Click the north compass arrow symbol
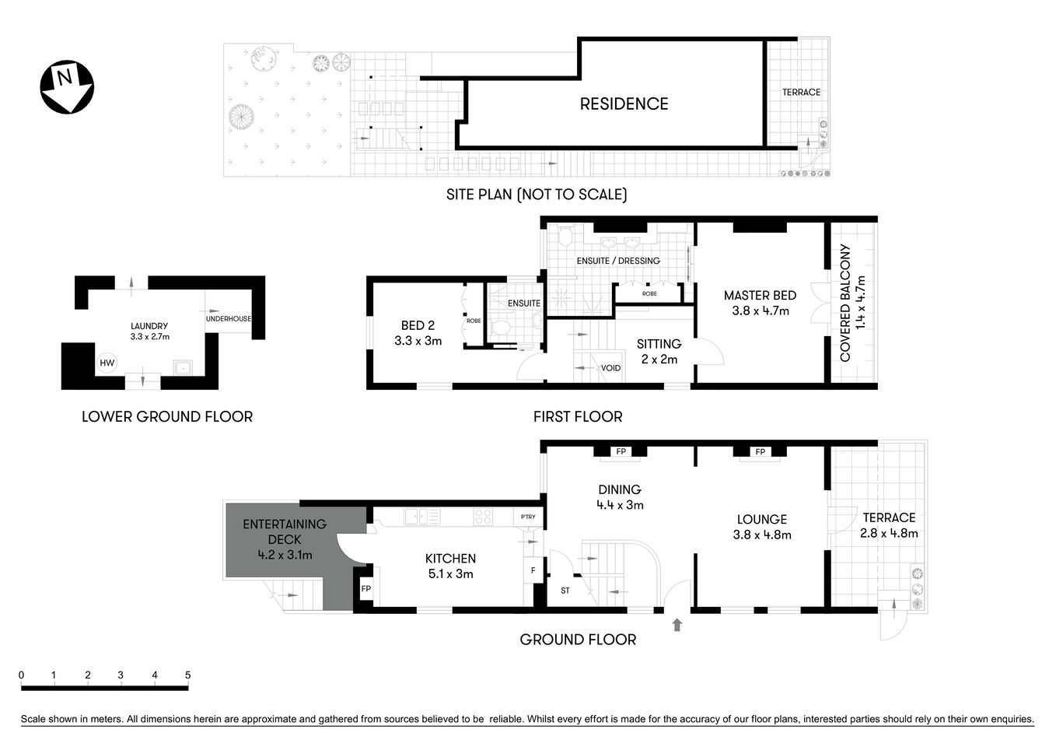click(67, 86)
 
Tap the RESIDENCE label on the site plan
click(624, 103)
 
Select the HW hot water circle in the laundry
click(107, 363)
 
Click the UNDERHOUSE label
click(229, 319)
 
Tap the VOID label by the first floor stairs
click(610, 368)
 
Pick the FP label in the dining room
click(621, 451)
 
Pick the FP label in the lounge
click(760, 451)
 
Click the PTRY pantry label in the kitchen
click(528, 517)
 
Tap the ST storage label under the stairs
click(565, 591)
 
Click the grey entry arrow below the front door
click(677, 623)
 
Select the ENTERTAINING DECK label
click(285, 531)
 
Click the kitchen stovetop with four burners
click(483, 516)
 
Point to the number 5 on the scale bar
click(187, 675)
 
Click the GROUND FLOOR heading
click(578, 640)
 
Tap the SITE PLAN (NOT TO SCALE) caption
click(537, 195)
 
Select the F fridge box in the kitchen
click(533, 570)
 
